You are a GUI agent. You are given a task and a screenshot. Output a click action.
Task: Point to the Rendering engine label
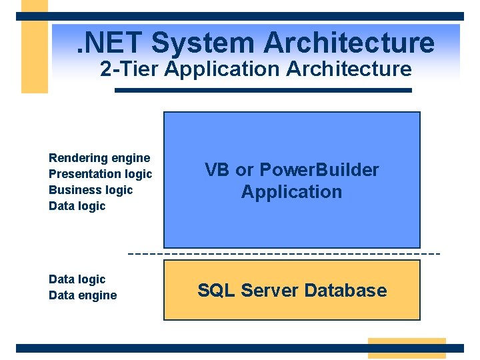(99, 158)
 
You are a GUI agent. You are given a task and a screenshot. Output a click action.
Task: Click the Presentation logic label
(100, 174)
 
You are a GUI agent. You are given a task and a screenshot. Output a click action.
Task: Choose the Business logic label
(91, 190)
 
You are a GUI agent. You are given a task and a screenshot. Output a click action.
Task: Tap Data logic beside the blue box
(77, 206)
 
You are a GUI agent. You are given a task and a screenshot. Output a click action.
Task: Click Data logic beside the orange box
(77, 279)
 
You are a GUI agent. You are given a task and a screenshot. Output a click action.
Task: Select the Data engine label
(83, 295)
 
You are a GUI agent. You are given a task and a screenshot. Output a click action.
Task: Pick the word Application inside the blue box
(291, 192)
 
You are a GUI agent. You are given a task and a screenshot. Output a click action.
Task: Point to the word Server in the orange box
(269, 291)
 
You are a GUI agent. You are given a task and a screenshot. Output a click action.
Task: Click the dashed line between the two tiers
(283, 254)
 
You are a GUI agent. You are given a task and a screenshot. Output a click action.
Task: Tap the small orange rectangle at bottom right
(406, 348)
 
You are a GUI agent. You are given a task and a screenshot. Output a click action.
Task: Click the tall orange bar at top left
(35, 47)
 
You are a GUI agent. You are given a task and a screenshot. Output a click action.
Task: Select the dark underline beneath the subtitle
(263, 90)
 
